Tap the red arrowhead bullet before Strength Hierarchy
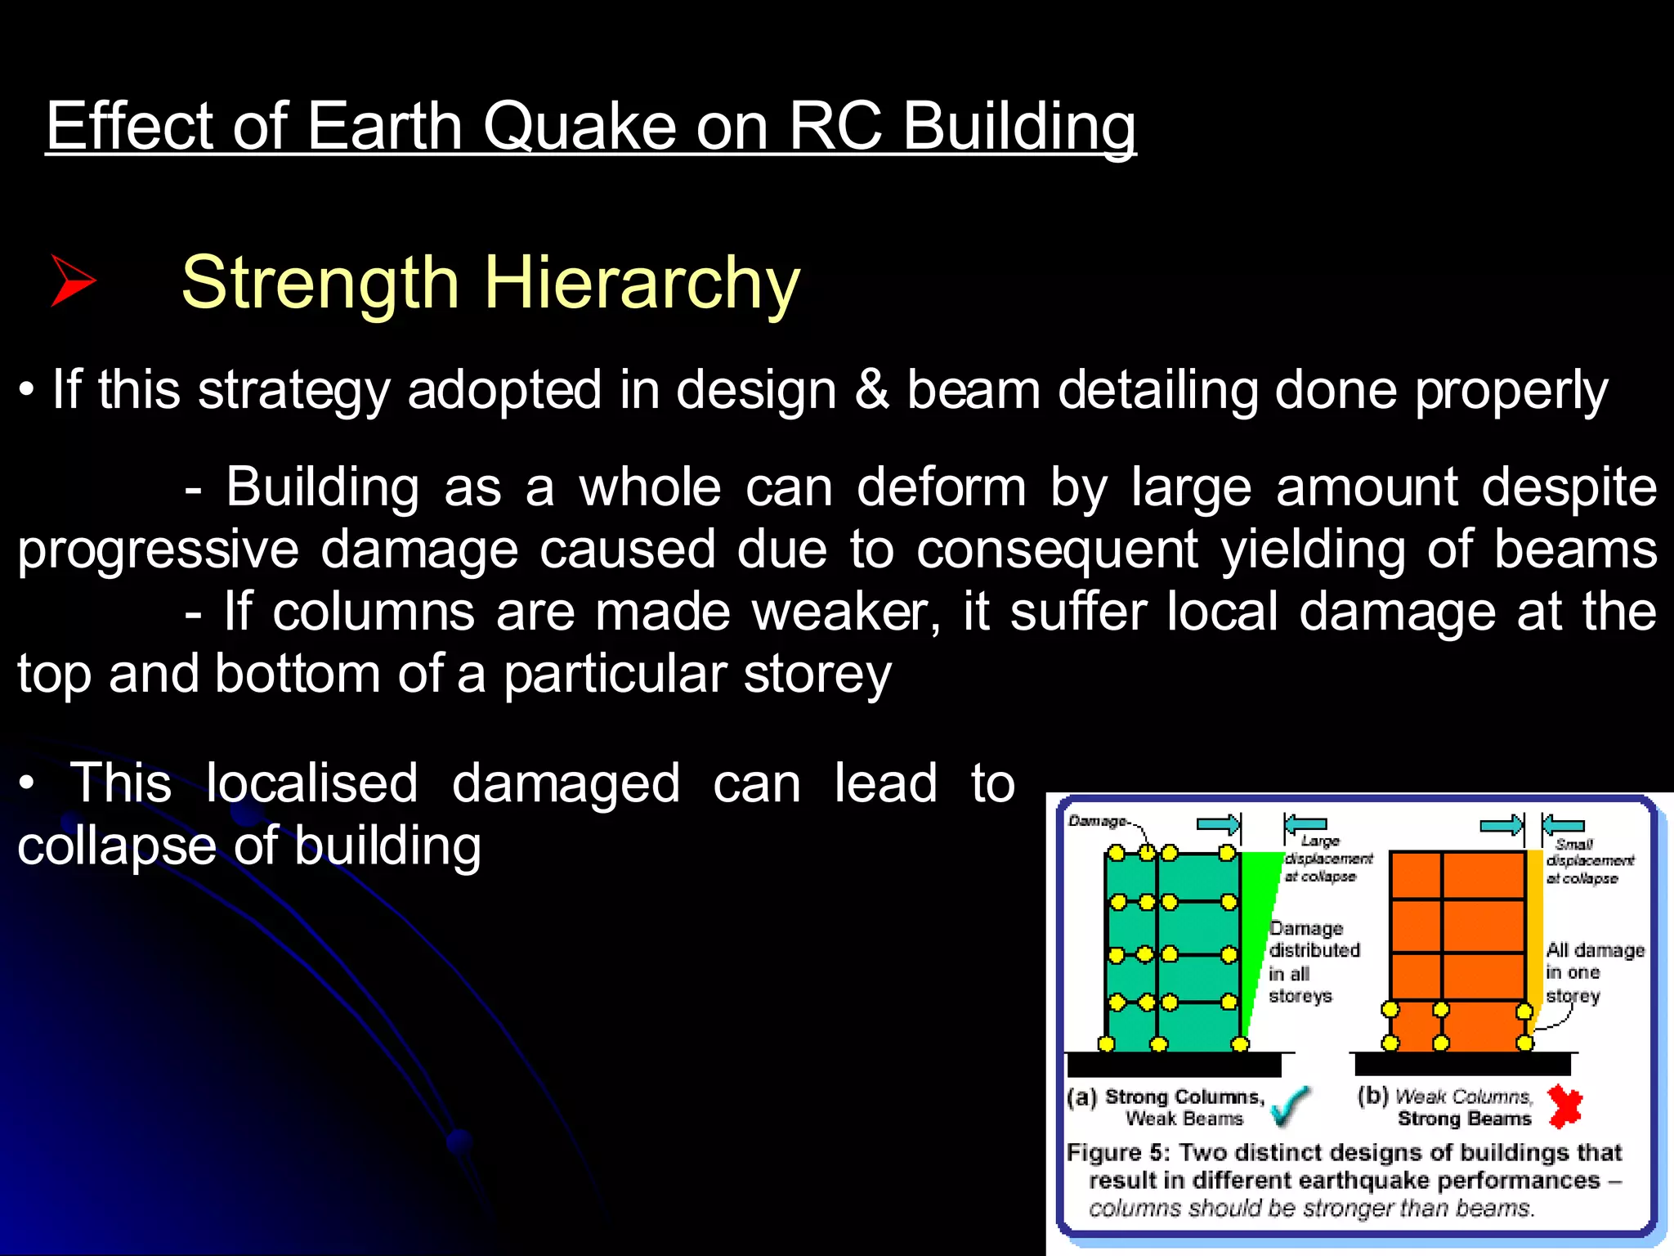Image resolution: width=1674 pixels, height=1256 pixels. (x=73, y=280)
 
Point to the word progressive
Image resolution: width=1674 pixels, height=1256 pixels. (x=158, y=549)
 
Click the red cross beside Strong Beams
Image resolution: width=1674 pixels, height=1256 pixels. (x=1564, y=1106)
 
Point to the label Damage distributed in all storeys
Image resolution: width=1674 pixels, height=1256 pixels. (x=1313, y=962)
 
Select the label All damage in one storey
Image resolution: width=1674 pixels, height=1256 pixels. (x=1593, y=972)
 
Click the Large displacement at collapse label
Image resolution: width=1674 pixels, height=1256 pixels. (x=1328, y=859)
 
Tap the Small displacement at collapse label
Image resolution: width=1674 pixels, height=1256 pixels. (x=1588, y=861)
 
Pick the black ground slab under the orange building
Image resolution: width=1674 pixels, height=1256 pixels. (x=1462, y=1064)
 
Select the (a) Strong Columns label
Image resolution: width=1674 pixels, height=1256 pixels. (x=1166, y=1097)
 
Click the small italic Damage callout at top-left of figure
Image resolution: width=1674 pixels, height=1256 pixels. (x=1097, y=820)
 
